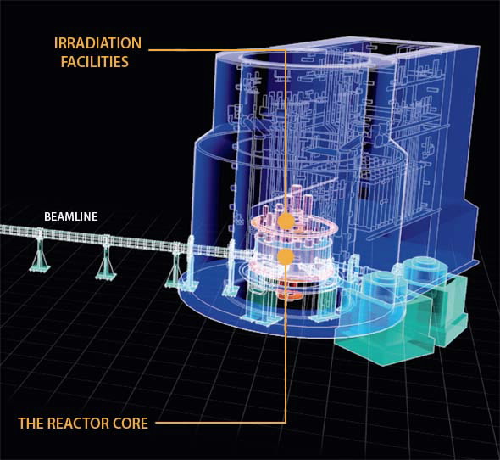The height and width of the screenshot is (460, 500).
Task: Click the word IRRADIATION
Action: pyautogui.click(x=97, y=43)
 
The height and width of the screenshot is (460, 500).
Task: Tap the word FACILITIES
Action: pyautogui.click(x=95, y=61)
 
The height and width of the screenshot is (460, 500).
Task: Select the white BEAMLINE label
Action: pyautogui.click(x=71, y=216)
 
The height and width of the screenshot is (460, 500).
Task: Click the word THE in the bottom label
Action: pyautogui.click(x=31, y=423)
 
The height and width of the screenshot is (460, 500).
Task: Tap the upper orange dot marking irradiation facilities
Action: pyautogui.click(x=286, y=221)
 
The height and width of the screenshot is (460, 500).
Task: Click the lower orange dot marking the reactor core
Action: pyautogui.click(x=286, y=256)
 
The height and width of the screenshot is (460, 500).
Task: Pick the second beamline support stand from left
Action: pyautogui.click(x=106, y=260)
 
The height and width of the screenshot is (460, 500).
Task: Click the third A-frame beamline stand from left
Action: pyautogui.click(x=175, y=267)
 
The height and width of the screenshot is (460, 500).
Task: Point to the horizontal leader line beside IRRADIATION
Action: pyautogui.click(x=217, y=50)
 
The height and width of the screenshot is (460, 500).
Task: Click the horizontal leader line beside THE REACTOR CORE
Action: pyautogui.click(x=220, y=423)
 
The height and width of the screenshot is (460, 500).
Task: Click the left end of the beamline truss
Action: pyautogui.click(x=2, y=229)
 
